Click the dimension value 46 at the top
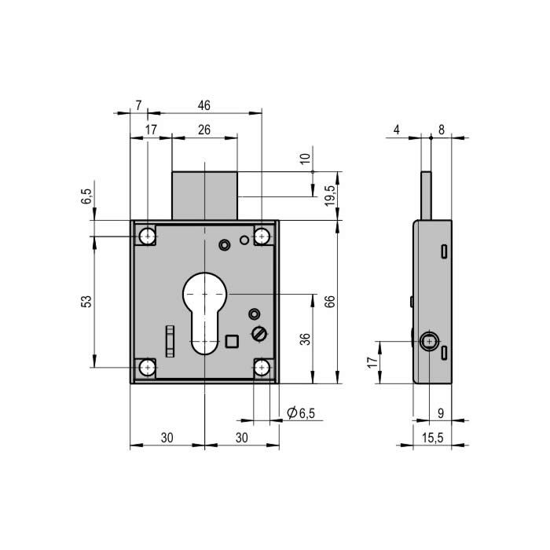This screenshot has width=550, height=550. click(203, 105)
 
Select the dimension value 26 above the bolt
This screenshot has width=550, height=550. click(204, 130)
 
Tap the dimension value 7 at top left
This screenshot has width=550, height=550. click(138, 105)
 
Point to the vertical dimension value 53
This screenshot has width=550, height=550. click(86, 301)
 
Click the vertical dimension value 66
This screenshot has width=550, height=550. click(330, 301)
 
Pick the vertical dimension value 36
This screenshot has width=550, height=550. click(305, 339)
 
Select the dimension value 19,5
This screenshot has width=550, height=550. click(330, 196)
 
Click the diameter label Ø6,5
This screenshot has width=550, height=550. click(301, 412)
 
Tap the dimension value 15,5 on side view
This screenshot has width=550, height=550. click(432, 438)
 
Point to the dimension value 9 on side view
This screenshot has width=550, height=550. click(441, 413)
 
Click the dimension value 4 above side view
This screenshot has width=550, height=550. click(396, 130)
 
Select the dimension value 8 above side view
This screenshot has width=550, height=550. click(442, 130)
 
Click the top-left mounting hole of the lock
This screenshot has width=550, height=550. click(148, 236)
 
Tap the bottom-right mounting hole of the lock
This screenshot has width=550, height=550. click(262, 368)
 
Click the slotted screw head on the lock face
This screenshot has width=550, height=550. click(259, 333)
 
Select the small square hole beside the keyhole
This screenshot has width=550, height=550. click(232, 341)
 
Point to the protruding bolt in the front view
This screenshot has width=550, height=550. click(204, 196)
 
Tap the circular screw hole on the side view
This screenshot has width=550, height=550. click(429, 341)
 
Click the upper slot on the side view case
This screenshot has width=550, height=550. click(444, 251)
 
